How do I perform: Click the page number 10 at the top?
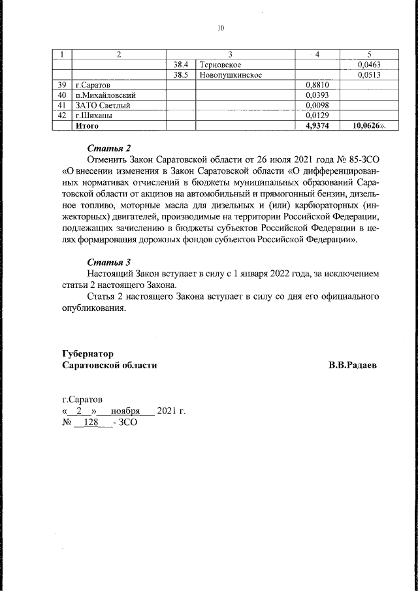point(220,28)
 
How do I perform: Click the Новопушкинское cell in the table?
point(231,75)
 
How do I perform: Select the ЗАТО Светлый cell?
point(98,105)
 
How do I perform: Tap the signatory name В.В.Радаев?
point(353,365)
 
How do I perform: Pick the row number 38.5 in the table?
point(180,75)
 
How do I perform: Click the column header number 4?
point(317,54)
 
